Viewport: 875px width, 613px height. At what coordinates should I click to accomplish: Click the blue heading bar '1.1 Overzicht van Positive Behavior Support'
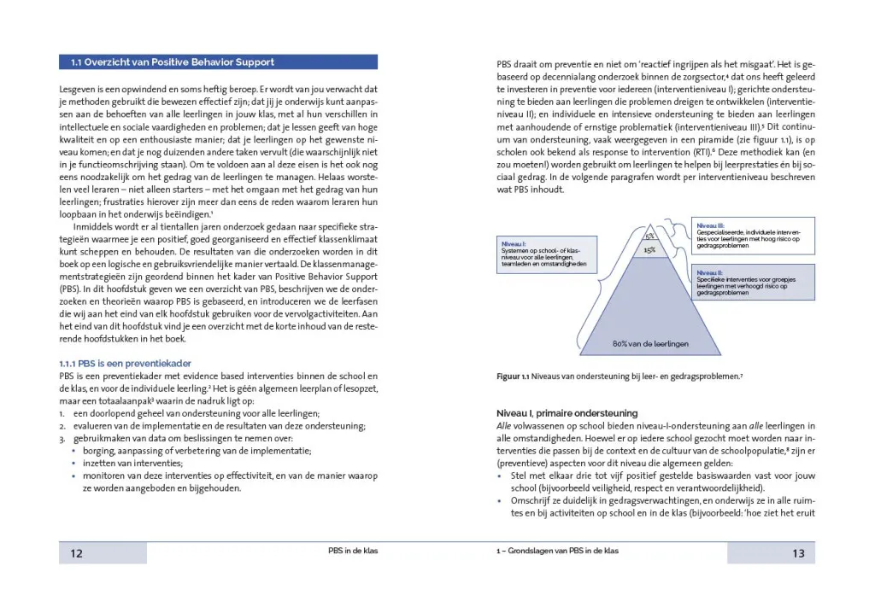218,62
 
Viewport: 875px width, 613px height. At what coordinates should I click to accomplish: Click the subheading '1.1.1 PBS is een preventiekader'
126,363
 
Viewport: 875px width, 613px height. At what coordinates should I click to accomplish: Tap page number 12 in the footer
76,553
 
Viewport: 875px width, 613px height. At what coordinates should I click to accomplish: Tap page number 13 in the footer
798,553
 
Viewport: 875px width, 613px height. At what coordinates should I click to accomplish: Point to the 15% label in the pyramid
649,250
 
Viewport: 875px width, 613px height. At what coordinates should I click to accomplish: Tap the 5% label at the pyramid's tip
649,236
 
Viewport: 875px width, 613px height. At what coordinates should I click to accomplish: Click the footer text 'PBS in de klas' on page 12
353,552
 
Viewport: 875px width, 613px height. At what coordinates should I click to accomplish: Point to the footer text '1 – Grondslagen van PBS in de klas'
557,552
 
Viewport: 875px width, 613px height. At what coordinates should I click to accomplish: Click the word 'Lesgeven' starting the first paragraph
78,89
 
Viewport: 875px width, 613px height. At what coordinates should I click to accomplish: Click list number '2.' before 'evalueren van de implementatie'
62,426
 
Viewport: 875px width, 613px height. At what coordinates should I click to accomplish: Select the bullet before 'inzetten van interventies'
74,463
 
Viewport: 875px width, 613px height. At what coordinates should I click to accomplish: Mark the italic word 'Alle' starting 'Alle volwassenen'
505,425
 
